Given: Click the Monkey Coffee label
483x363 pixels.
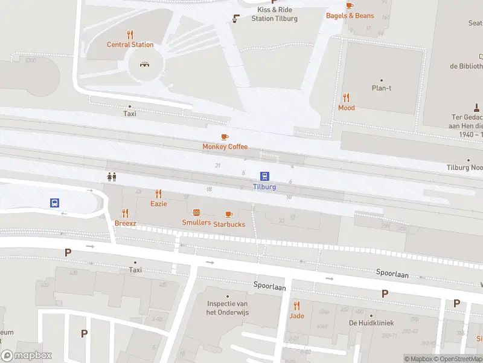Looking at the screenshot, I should [x=225, y=146].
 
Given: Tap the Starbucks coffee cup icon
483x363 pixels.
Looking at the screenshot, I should [x=228, y=214].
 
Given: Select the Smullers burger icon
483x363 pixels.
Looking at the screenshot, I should [x=196, y=212].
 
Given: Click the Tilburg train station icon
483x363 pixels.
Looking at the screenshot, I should [x=264, y=177].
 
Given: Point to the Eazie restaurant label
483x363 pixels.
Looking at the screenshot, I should [x=159, y=204].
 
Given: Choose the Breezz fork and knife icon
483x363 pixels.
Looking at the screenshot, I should [x=126, y=213].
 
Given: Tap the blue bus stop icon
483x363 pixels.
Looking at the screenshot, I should [x=54, y=203].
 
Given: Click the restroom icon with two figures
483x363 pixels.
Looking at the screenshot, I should [x=111, y=177].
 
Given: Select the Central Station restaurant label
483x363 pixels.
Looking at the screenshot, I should [x=130, y=44].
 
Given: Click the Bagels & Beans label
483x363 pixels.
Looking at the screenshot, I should [x=350, y=16].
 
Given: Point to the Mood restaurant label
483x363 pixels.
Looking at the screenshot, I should [x=347, y=108].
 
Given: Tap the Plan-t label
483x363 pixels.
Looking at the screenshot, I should [x=382, y=88].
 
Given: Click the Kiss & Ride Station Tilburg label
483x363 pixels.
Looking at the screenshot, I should [x=275, y=14].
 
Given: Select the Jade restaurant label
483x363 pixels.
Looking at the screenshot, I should [x=296, y=316].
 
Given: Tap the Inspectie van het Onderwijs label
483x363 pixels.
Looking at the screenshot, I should [x=228, y=308].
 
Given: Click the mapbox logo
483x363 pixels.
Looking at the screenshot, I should [x=27, y=356].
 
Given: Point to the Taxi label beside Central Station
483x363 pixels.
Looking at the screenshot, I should [x=130, y=113].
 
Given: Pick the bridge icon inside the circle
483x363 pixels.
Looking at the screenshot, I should [x=145, y=64].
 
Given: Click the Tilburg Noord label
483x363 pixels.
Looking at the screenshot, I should [x=464, y=167].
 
